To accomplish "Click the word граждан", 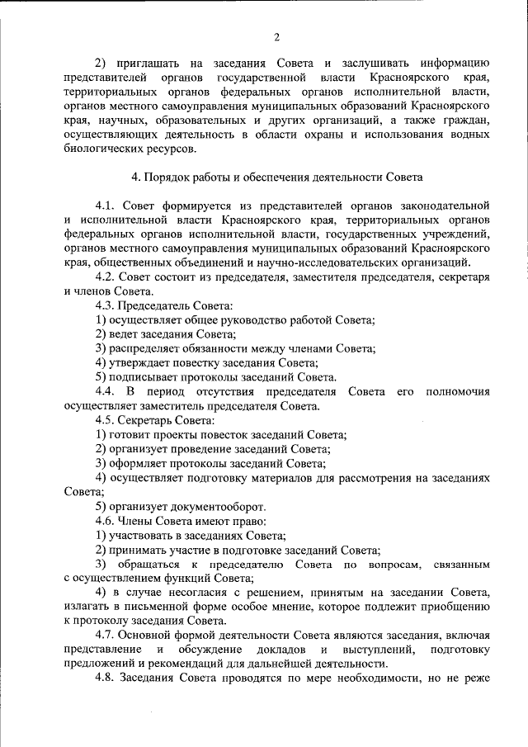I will click(470, 121).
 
